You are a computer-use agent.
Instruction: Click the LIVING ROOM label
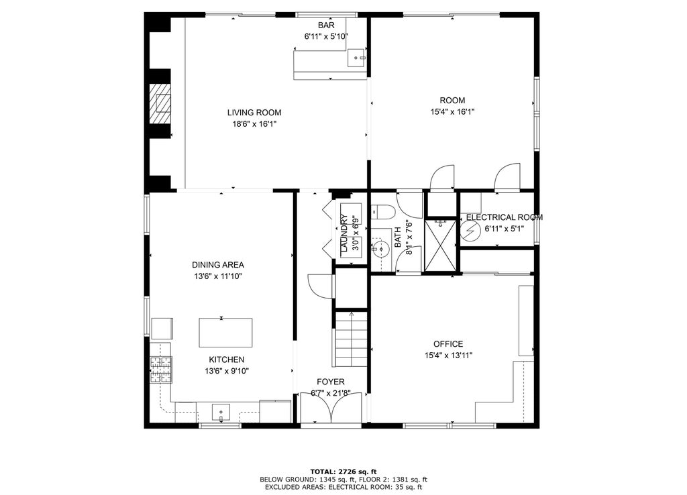tap(254, 113)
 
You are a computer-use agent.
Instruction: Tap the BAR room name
tap(326, 25)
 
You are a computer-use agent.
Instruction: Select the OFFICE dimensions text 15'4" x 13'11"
tap(448, 355)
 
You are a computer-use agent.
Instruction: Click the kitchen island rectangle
tap(225, 333)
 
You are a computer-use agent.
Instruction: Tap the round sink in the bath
tap(380, 250)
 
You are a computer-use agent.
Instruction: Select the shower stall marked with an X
tap(440, 245)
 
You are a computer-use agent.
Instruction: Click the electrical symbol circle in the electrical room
tap(470, 231)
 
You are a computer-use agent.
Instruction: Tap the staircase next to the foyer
tap(350, 339)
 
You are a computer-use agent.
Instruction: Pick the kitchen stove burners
tap(161, 370)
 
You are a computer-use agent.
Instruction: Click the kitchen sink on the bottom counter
tap(221, 412)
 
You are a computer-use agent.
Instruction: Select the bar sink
tap(357, 58)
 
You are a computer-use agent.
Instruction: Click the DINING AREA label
tap(218, 264)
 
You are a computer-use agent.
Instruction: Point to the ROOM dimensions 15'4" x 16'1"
tap(453, 112)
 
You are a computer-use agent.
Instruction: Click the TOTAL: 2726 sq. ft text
tap(343, 472)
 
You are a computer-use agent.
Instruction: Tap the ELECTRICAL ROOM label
tap(505, 217)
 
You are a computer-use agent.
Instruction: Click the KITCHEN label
tap(227, 360)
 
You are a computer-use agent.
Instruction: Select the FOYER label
tap(331, 382)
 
